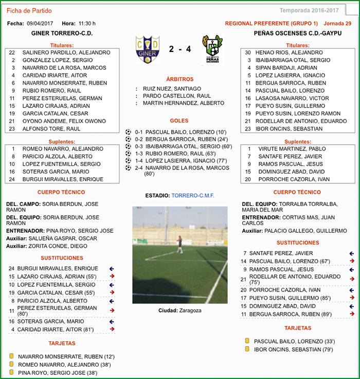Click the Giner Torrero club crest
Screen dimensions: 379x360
(147, 49)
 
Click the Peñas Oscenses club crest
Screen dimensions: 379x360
(212, 49)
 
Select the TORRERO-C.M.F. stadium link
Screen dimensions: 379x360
(193, 196)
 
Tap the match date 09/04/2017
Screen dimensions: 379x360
(40, 23)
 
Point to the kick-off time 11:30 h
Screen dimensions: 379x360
(87, 23)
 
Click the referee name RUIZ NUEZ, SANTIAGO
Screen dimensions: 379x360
(172, 89)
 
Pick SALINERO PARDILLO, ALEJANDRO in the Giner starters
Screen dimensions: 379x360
(66, 53)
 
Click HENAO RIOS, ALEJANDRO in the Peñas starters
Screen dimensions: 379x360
(290, 53)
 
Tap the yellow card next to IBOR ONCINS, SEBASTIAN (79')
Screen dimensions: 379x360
(247, 349)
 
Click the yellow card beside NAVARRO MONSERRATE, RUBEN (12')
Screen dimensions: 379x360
(11, 356)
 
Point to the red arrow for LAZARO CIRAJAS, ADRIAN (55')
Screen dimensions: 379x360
(112, 277)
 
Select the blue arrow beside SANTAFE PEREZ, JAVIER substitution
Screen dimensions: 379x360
(352, 253)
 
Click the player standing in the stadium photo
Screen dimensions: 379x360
(179, 244)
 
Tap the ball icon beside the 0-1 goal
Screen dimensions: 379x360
(129, 132)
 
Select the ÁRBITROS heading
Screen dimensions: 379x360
(179, 79)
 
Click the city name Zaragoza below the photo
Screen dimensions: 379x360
(190, 311)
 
